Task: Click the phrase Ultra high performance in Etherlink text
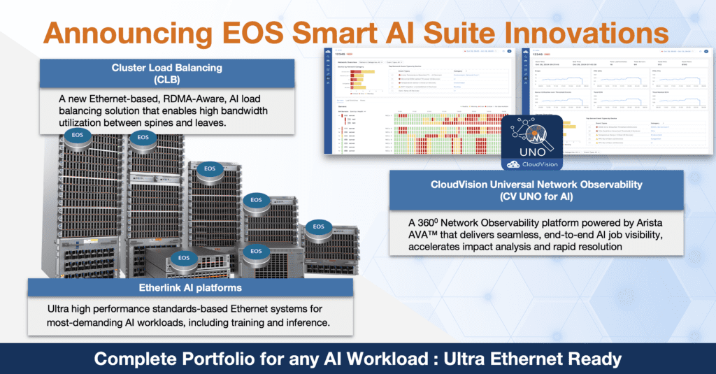(107, 309)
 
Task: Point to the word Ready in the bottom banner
(595, 359)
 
